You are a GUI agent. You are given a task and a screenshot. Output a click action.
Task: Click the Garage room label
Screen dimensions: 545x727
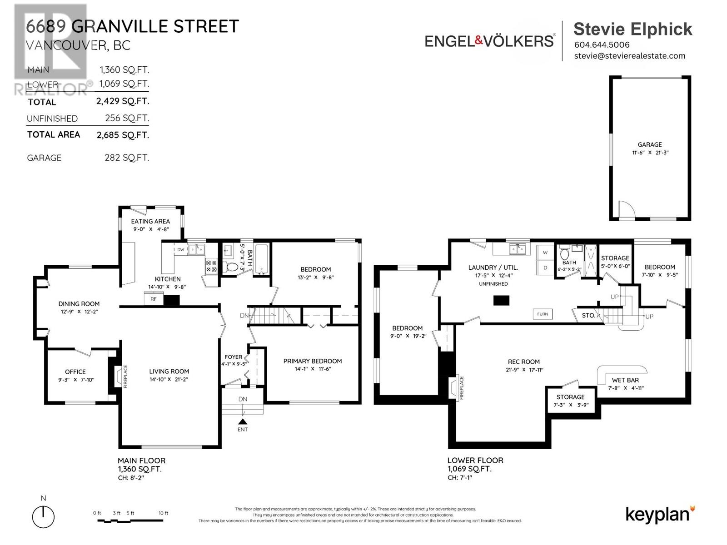(649, 144)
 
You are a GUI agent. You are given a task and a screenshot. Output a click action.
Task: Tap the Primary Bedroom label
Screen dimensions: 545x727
(313, 361)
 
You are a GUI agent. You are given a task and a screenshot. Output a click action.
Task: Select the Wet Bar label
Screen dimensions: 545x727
(625, 380)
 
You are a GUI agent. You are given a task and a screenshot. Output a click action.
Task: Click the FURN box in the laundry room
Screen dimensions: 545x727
(543, 314)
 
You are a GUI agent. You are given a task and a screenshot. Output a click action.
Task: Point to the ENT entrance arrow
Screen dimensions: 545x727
(243, 422)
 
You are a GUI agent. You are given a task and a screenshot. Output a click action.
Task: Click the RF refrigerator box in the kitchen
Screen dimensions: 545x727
(154, 299)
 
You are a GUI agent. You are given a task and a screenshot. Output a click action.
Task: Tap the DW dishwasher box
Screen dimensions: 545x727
(180, 249)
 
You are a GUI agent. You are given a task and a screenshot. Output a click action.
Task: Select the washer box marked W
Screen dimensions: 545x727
(545, 253)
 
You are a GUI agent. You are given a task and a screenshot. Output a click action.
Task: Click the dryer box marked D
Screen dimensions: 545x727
(545, 268)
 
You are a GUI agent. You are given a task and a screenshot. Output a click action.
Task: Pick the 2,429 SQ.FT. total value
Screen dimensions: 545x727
(123, 101)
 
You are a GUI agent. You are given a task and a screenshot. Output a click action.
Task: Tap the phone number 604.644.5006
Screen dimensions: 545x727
(602, 45)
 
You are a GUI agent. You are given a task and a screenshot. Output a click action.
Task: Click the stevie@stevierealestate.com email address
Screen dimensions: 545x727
(629, 56)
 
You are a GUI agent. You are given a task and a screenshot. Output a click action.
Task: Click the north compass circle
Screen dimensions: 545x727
(43, 517)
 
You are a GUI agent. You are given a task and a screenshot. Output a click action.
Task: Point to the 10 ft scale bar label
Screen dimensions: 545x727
(164, 513)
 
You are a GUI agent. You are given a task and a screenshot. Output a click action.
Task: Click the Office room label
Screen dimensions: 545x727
(75, 372)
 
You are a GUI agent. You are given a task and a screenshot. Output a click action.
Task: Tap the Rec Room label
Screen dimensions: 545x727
(524, 362)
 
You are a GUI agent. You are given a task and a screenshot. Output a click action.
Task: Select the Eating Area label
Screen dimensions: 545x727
(150, 221)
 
